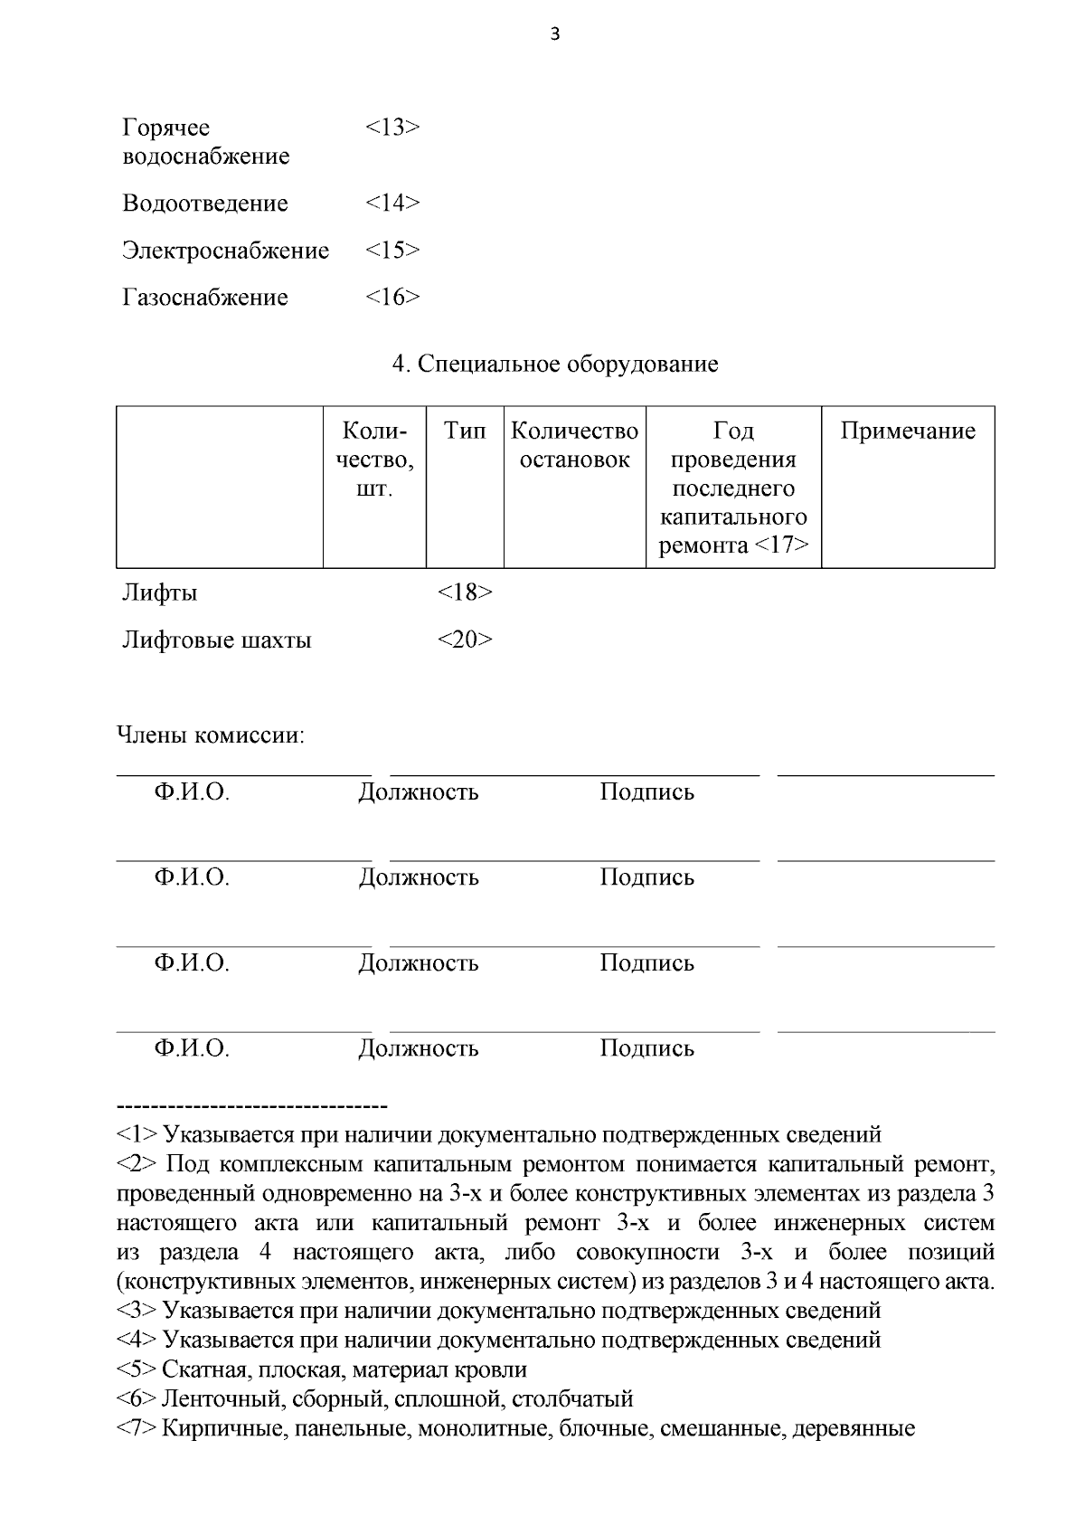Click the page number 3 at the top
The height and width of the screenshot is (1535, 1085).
click(x=554, y=35)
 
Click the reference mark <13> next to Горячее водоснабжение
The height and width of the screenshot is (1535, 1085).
click(x=392, y=128)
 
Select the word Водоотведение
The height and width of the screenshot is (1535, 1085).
click(x=205, y=204)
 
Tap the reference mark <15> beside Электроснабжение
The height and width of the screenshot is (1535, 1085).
click(x=392, y=251)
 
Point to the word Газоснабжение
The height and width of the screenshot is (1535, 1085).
click(x=205, y=298)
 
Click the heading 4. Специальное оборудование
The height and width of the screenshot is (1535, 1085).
click(x=555, y=365)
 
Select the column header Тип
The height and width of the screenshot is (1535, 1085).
click(x=464, y=431)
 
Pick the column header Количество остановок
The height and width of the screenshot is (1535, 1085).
click(x=574, y=445)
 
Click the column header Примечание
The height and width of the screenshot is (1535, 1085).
click(x=907, y=431)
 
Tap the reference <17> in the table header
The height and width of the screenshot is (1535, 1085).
click(x=780, y=545)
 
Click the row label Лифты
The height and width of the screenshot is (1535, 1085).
click(x=160, y=593)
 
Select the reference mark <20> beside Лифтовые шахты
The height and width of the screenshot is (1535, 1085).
click(x=465, y=640)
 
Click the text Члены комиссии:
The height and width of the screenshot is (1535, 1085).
click(x=211, y=735)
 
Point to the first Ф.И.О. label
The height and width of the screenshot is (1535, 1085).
click(x=191, y=792)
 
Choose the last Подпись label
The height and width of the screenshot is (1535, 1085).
click(x=646, y=1048)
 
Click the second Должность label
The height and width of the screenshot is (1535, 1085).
click(x=418, y=877)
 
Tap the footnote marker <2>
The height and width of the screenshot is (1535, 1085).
click(x=137, y=1164)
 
